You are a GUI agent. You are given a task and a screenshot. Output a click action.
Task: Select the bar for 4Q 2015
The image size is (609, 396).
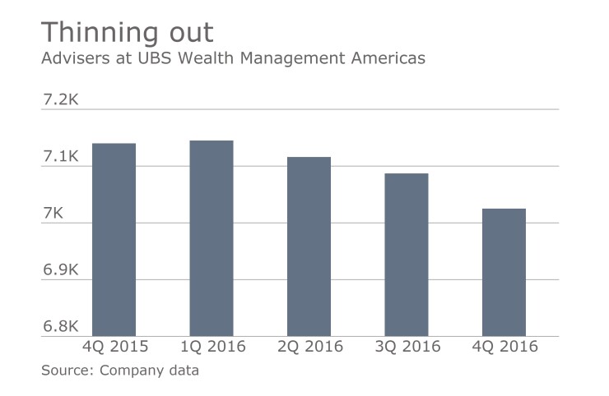pos(114,240)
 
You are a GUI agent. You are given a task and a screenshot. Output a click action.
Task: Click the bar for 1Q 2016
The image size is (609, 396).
pos(212,238)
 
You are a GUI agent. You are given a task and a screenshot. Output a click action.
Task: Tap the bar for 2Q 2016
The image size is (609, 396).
pos(309,246)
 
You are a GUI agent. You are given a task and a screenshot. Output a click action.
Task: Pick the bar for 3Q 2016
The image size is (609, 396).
pos(407,255)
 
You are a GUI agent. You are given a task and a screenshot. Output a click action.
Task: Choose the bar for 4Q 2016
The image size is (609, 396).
pos(504,272)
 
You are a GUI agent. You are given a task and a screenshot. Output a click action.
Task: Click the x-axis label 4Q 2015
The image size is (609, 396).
pos(114,347)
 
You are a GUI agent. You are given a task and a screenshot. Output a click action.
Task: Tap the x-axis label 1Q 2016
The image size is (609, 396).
pos(212,347)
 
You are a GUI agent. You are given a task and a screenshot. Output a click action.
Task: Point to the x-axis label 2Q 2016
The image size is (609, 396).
pos(309,347)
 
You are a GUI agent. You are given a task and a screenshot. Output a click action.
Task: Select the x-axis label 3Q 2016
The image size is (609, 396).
pos(407,347)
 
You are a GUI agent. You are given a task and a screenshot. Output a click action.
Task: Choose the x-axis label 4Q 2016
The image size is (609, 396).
pos(504,347)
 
